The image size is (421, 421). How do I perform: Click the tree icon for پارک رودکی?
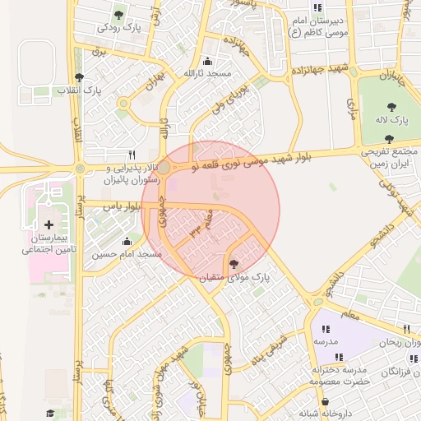[120, 14]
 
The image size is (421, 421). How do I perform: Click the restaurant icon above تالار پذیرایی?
[132, 154]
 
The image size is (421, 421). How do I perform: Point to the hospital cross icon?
[49, 224]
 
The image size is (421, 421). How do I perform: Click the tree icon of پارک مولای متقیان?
[235, 265]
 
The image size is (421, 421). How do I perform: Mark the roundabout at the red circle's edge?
[164, 168]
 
